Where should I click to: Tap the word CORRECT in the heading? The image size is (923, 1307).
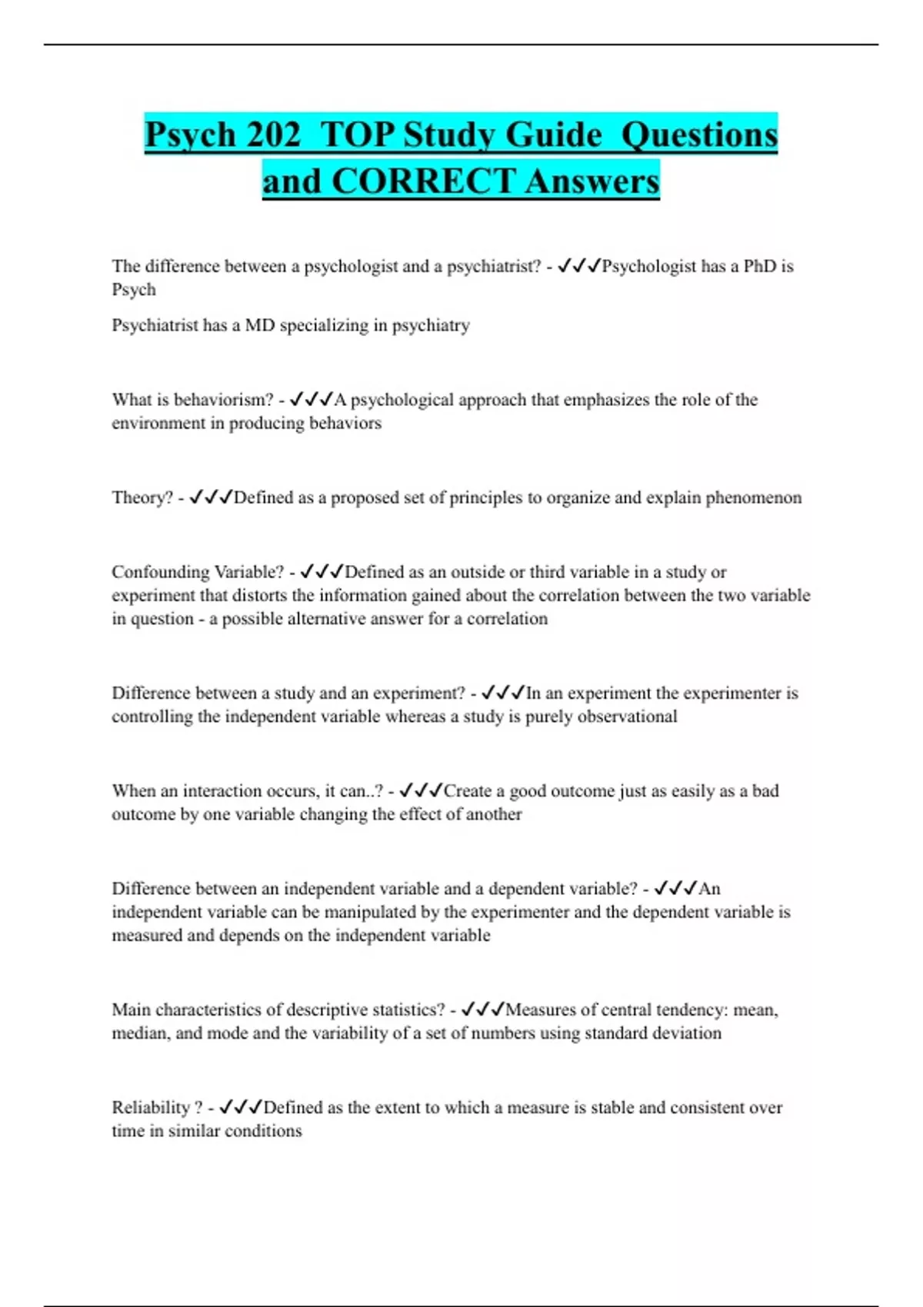pyautogui.click(x=423, y=182)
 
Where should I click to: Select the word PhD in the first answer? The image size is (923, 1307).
pyautogui.click(x=760, y=267)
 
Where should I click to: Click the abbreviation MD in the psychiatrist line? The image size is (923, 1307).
pyautogui.click(x=259, y=326)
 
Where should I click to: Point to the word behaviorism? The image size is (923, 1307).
pyautogui.click(x=224, y=400)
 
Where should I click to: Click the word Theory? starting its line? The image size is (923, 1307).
pyautogui.click(x=142, y=498)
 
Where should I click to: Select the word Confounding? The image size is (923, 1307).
pyautogui.click(x=161, y=573)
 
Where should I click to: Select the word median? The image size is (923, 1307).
pyautogui.click(x=139, y=1033)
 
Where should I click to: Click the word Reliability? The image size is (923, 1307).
pyautogui.click(x=151, y=1108)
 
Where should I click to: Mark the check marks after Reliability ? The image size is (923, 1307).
pyautogui.click(x=241, y=1107)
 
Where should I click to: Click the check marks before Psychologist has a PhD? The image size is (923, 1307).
pyautogui.click(x=578, y=266)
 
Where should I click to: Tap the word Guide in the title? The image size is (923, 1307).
pyautogui.click(x=553, y=135)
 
